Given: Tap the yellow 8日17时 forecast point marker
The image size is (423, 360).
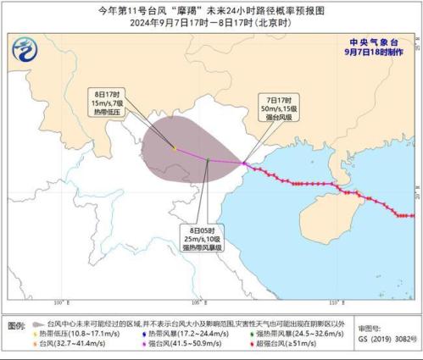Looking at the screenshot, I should point(175,148).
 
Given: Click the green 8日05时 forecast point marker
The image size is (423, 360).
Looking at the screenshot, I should point(208,158).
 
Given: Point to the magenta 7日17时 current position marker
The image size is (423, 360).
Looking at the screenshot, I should point(243,163).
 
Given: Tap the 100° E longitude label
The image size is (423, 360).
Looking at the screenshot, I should point(60,302).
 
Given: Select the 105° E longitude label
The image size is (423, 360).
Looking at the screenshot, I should point(198,302).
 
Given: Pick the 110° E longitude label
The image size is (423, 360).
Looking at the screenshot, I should point(335,302).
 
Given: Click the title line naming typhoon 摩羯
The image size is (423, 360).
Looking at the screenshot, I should point(211,9).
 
